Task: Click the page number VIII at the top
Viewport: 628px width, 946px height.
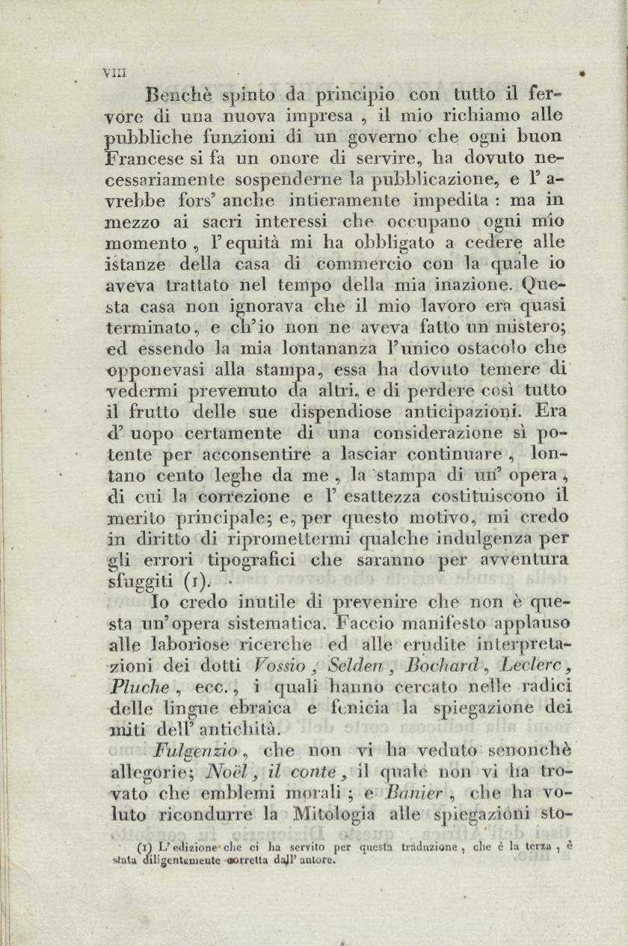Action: (x=116, y=73)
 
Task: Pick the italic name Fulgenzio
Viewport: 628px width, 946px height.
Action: (x=195, y=751)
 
